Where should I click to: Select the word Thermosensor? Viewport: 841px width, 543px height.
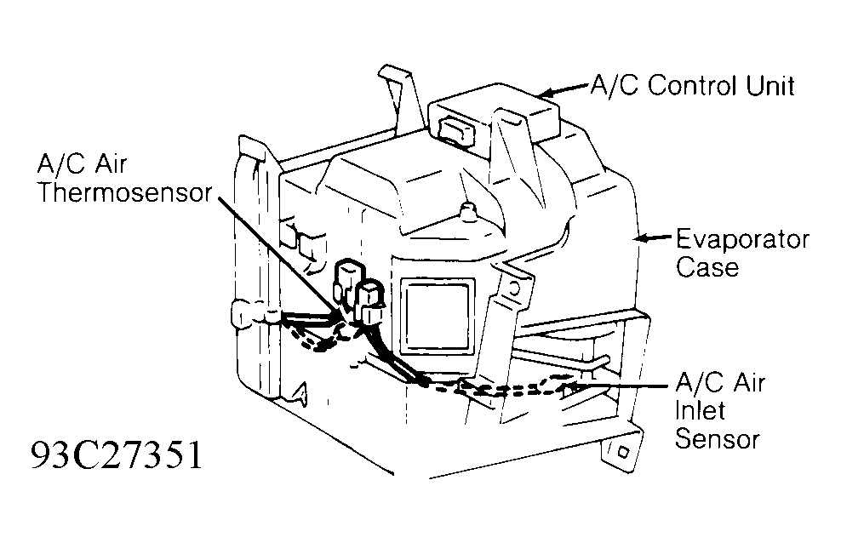click(123, 192)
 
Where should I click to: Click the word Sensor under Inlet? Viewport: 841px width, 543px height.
click(717, 439)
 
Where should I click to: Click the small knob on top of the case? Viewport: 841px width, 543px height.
click(466, 209)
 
